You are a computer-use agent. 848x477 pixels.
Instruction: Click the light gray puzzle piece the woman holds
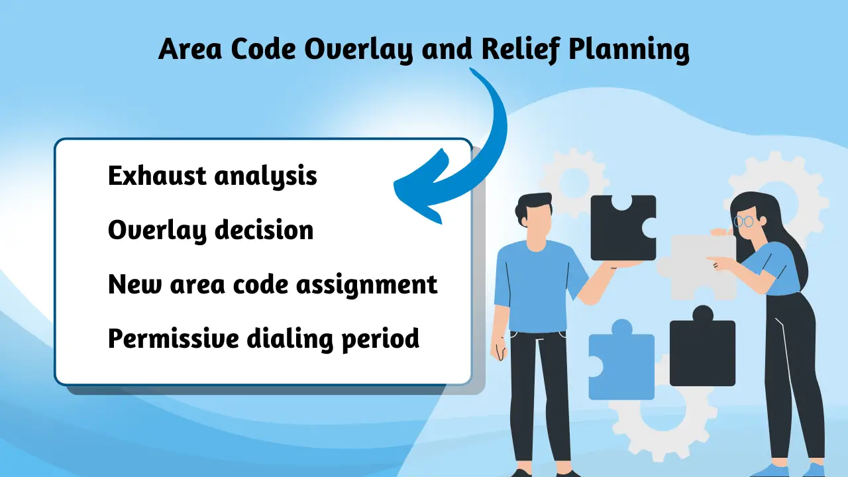696,265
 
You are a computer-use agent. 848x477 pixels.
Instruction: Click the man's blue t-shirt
533,278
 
